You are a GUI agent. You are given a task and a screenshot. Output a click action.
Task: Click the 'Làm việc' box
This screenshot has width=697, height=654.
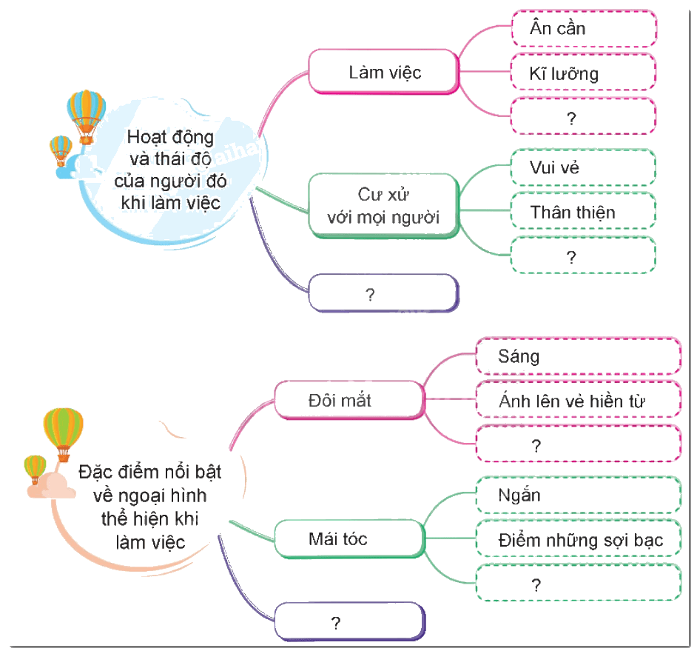click(x=383, y=72)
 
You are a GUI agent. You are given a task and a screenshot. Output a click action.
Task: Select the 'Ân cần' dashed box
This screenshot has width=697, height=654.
click(x=584, y=28)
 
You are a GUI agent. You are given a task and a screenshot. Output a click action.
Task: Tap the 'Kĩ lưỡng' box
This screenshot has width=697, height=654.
click(x=583, y=73)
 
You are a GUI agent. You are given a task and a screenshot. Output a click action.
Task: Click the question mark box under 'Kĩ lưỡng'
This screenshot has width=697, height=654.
click(x=583, y=116)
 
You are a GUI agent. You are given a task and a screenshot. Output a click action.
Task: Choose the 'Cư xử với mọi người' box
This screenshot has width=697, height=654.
click(x=383, y=206)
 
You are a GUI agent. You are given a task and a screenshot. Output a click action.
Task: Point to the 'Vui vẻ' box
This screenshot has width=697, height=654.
click(x=583, y=167)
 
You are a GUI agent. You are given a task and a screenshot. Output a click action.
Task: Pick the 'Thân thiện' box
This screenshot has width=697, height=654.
click(x=583, y=211)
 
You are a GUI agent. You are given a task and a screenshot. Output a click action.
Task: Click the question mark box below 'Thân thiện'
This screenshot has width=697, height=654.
click(x=583, y=256)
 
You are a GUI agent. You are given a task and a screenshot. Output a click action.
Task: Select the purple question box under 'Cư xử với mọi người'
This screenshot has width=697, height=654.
click(x=383, y=293)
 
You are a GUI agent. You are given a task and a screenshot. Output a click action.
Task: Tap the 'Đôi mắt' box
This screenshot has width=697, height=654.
click(x=349, y=400)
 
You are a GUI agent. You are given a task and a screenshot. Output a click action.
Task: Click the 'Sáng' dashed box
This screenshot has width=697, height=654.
click(x=579, y=356)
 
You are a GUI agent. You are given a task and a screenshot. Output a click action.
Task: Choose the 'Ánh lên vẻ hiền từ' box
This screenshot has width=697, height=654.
click(x=579, y=399)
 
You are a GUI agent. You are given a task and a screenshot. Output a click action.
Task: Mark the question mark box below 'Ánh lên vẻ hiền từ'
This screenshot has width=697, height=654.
click(x=579, y=444)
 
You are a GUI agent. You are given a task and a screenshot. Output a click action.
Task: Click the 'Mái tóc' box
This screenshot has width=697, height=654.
click(x=349, y=538)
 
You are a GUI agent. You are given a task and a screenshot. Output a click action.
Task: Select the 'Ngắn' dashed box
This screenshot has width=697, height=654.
click(x=579, y=495)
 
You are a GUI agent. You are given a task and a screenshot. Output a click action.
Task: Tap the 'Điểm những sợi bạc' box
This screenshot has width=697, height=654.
click(x=579, y=538)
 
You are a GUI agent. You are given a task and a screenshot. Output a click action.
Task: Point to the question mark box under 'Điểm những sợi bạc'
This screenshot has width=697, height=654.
click(x=579, y=583)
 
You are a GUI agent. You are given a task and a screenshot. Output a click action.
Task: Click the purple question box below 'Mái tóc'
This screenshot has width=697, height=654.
click(x=349, y=621)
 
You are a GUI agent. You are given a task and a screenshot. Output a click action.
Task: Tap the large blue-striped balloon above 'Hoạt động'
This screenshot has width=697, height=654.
click(x=87, y=116)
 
